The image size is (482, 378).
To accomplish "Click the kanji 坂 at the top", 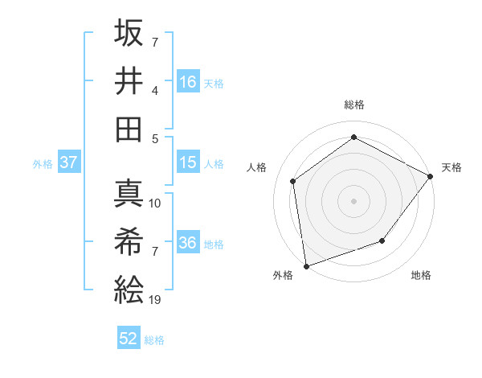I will [x=129, y=34].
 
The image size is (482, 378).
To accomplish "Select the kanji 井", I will [x=129, y=80].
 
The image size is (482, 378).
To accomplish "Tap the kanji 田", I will [x=129, y=129].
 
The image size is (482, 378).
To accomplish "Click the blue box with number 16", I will [x=189, y=82].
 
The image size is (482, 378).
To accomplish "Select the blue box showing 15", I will [x=189, y=163].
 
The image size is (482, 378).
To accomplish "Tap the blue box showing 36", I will [x=189, y=244].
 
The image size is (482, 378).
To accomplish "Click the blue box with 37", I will [x=69, y=163].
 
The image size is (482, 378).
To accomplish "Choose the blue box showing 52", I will [x=129, y=339].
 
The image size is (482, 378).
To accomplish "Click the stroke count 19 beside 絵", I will [x=156, y=301].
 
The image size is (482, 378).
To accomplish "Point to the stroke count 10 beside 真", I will [x=156, y=203].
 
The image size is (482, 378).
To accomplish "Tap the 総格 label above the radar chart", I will [x=353, y=105].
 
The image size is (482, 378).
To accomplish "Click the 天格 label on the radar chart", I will [x=451, y=167].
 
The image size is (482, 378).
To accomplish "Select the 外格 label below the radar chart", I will [x=283, y=276].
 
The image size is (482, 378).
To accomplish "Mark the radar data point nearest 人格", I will [x=294, y=181].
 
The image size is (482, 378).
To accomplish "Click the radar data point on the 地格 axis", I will [x=382, y=240].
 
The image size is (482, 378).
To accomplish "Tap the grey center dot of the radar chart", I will [x=353, y=200].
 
